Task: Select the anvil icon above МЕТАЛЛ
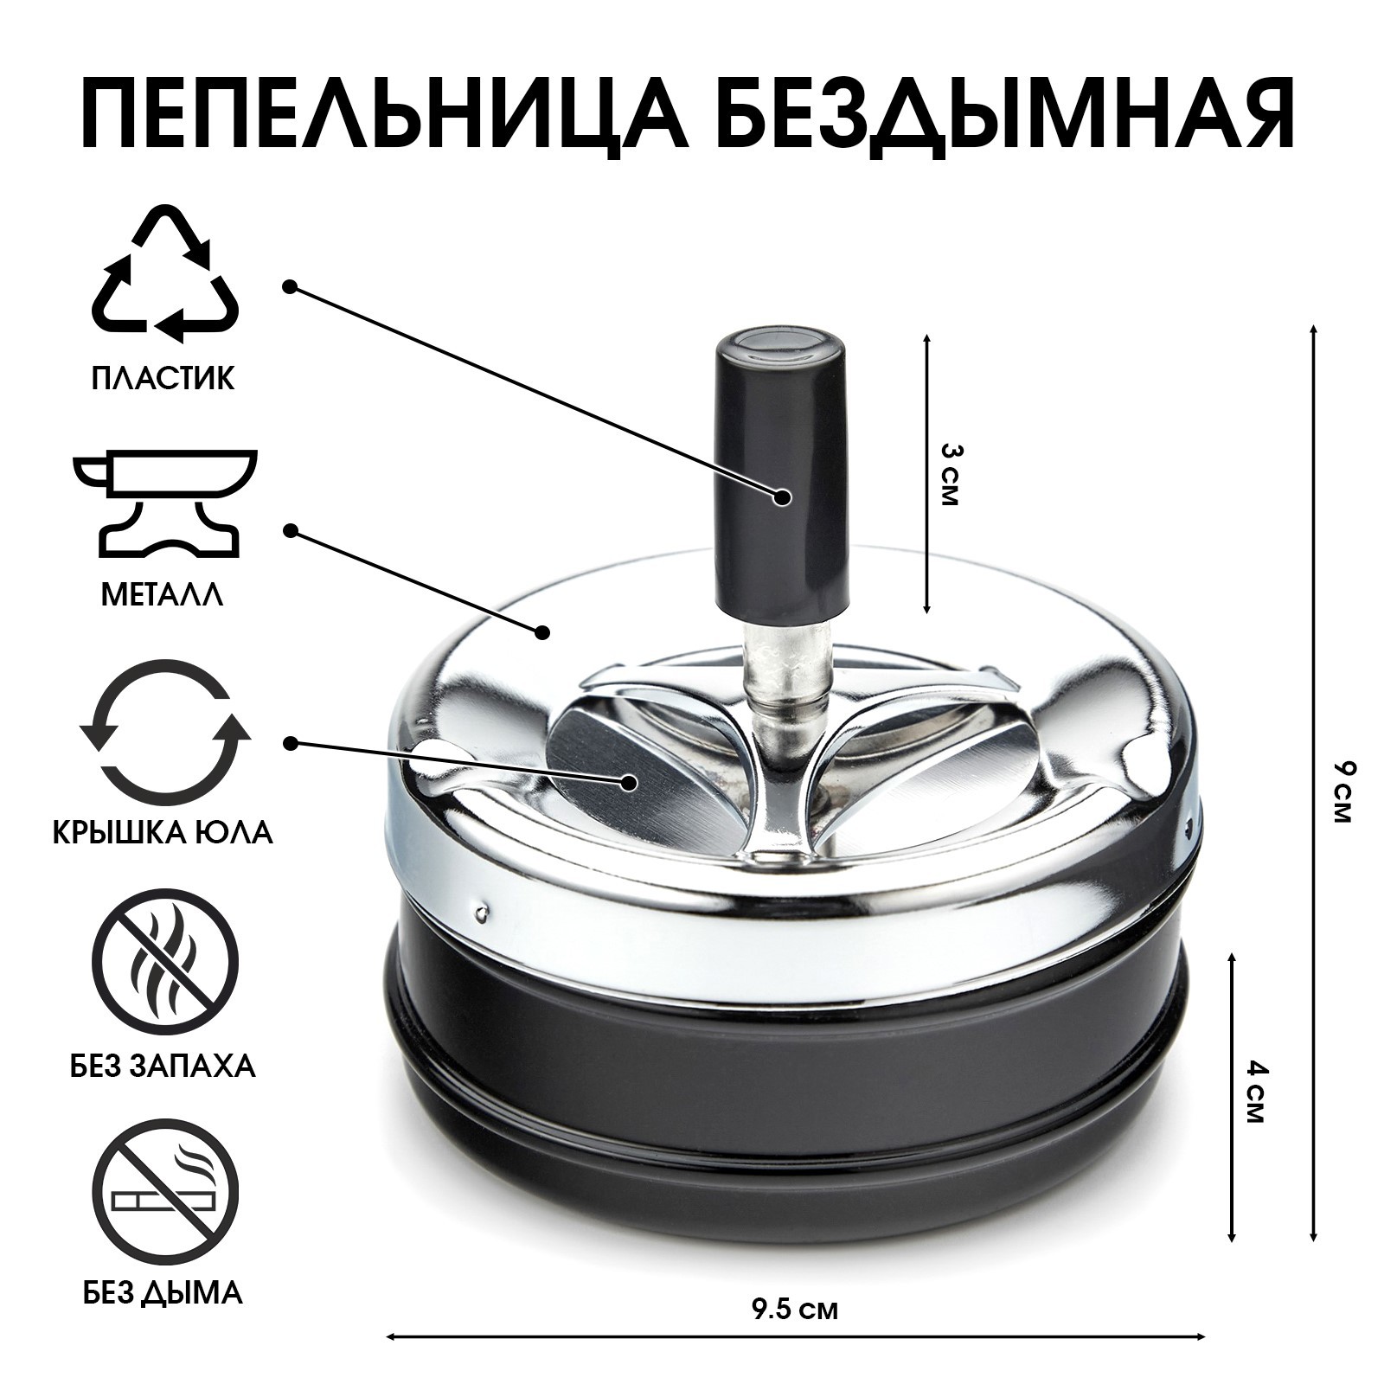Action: pyautogui.click(x=164, y=502)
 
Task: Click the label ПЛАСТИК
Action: pyautogui.click(x=163, y=379)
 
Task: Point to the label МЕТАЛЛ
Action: pyautogui.click(x=163, y=595)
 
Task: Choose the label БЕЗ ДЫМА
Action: pyautogui.click(x=163, y=1292)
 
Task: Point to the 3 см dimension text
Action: pyautogui.click(x=950, y=476)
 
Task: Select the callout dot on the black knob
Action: pyautogui.click(x=783, y=497)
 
